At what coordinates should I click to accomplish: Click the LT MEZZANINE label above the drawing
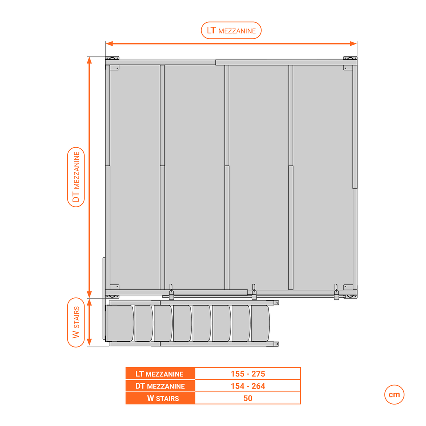231,30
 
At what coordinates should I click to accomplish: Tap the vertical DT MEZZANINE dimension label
76,177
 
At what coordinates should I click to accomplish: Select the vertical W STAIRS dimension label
76,322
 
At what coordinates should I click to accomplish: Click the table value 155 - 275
248,374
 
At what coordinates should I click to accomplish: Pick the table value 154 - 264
248,386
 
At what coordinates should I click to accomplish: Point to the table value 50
248,398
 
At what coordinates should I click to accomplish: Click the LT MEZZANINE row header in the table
160,374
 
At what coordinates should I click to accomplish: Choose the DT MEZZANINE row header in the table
160,386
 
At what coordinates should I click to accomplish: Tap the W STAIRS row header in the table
163,398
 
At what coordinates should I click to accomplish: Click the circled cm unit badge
394,395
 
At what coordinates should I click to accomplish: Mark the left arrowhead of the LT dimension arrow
109,44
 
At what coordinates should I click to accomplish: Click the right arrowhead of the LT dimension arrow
353,44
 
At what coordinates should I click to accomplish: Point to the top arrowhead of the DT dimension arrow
89,60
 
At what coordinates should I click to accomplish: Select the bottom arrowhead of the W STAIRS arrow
89,342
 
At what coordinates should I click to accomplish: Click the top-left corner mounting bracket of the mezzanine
112,58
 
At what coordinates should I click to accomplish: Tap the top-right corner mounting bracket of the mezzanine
350,58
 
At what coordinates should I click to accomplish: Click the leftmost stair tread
120,323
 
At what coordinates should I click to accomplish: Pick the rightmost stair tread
261,323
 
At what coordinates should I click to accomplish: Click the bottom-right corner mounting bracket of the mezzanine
350,296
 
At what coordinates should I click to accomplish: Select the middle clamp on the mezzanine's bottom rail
254,292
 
